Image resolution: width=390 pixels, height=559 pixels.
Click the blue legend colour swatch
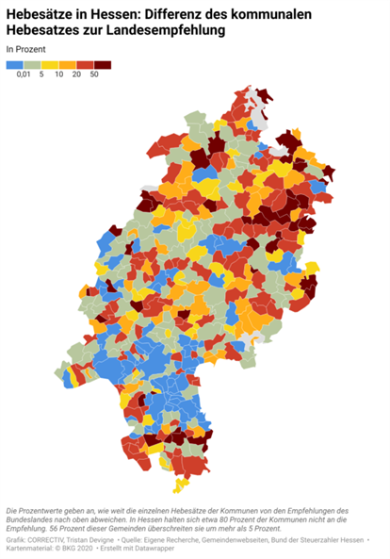pos(14,65)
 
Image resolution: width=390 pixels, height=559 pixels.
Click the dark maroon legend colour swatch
pos(103,65)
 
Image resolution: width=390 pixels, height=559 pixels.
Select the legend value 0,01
pos(25,75)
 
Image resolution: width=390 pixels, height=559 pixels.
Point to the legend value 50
pos(94,75)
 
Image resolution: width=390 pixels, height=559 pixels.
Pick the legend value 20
pos(76,75)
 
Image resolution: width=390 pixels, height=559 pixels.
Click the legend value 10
pos(58,75)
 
